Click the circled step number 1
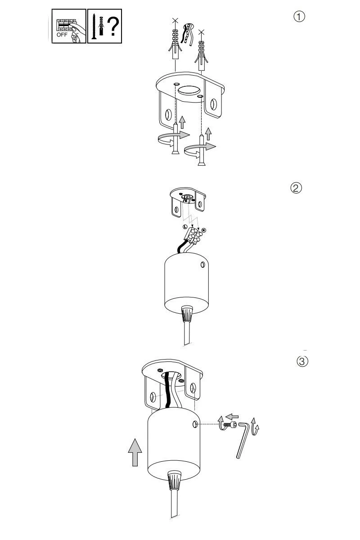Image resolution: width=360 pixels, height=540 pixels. coord(299,17)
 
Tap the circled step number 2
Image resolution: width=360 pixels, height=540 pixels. coord(296,188)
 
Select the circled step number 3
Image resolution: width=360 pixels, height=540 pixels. coord(302,361)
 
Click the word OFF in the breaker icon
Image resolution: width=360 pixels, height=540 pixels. coord(62,35)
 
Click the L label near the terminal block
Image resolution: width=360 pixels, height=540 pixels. coord(185,227)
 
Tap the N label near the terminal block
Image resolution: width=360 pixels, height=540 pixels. coord(204,230)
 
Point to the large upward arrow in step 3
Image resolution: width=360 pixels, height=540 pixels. coord(135,453)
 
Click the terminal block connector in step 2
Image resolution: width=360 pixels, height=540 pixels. coord(193,235)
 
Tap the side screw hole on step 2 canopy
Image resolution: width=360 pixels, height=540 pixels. coord(203,265)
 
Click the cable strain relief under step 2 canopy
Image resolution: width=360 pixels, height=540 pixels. coord(186,313)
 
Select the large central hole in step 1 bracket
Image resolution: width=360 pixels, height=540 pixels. coord(189,90)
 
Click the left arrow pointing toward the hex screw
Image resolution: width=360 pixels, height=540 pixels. coord(232,416)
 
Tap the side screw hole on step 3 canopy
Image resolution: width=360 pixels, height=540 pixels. coord(195,424)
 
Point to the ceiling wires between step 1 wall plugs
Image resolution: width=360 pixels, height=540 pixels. coord(187,34)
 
